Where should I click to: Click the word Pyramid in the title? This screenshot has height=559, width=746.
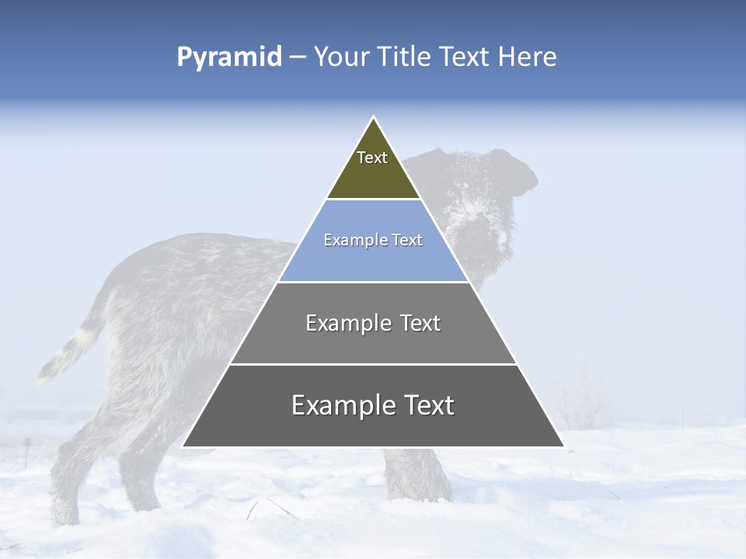tap(228, 57)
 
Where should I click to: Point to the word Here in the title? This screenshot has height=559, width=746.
tap(527, 57)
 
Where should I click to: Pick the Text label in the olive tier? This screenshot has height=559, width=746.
tap(372, 158)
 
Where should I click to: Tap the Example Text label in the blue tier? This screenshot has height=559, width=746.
tap(373, 240)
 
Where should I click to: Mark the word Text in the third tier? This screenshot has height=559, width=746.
tap(420, 323)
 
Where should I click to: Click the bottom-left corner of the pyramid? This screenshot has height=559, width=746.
tap(183, 446)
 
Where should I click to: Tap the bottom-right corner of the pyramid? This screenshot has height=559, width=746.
tap(563, 446)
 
